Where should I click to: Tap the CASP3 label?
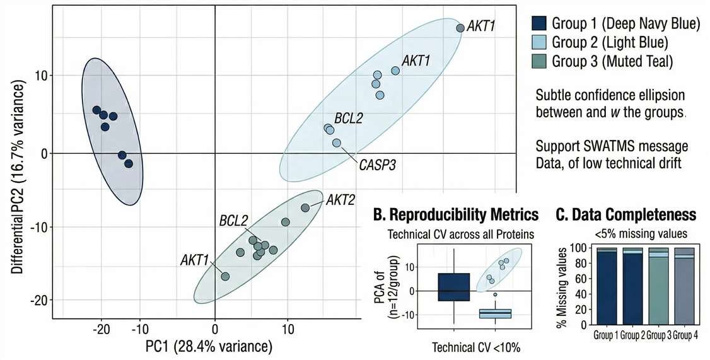click(377, 166)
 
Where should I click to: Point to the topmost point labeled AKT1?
click(460, 28)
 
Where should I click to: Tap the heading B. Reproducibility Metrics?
click(456, 215)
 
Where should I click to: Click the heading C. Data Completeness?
click(626, 215)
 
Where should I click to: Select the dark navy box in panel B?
click(455, 287)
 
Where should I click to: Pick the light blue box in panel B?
click(495, 313)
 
